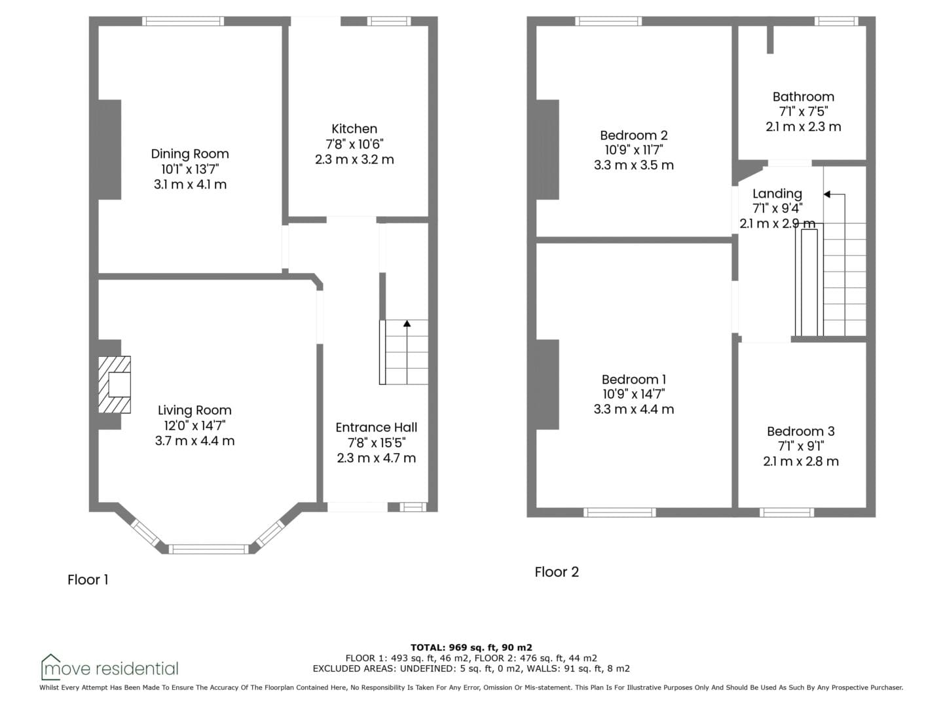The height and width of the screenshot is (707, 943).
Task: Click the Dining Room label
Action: coord(190,154)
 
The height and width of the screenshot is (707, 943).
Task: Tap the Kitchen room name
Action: coord(354,129)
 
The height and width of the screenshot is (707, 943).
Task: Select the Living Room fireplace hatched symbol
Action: coord(115,385)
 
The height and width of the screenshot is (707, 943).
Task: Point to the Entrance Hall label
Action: coord(377,427)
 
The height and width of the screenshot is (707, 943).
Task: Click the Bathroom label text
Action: coord(804,97)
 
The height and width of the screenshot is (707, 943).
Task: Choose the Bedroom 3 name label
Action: coord(801,431)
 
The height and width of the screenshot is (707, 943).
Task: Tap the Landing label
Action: coord(777,194)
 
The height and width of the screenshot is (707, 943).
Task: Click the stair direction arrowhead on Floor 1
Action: coord(407,323)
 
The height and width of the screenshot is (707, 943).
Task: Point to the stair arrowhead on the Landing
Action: coord(827,194)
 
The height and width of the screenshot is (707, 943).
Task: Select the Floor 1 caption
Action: coord(88,579)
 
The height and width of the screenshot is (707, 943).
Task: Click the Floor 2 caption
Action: coord(557,571)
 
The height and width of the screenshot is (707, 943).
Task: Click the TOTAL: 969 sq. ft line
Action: coord(471,647)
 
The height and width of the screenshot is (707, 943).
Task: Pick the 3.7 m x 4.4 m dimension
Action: coord(194,441)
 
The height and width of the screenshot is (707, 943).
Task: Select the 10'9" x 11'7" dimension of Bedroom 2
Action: coord(634,150)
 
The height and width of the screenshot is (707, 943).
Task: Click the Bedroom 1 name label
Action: coord(634,380)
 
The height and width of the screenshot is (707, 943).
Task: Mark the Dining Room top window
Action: coord(183,21)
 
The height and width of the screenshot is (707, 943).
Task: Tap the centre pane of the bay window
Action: coord(208,549)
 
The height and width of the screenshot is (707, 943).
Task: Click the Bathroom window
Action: coord(836,21)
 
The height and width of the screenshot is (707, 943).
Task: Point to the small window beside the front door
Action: coord(413,507)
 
